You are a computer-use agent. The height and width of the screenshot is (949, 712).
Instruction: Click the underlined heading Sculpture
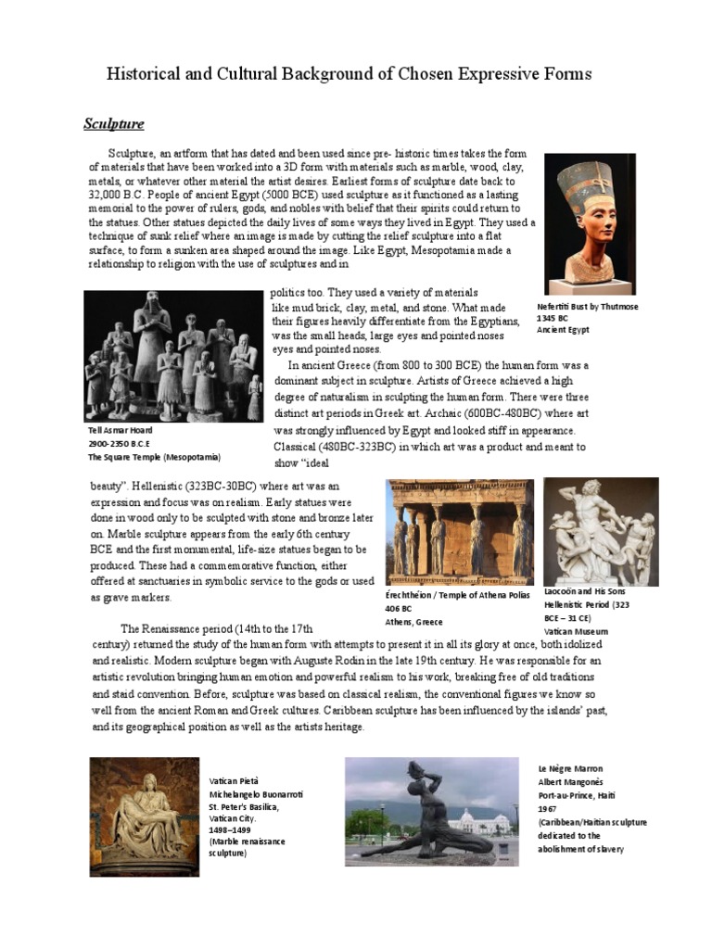click(x=114, y=123)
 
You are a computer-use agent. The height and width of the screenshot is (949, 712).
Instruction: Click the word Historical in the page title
click(x=142, y=74)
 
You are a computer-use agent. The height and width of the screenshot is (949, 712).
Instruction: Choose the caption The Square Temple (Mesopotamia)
click(x=155, y=457)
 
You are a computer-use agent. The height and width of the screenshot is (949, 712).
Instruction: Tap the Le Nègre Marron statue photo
click(x=433, y=807)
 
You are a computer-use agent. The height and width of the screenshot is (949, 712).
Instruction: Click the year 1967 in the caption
click(x=548, y=808)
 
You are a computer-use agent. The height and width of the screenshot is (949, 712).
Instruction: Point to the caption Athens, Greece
click(x=414, y=622)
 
